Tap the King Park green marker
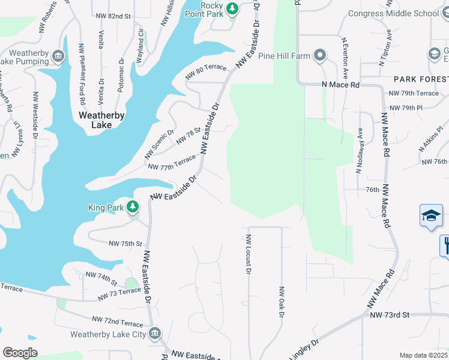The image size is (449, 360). (x=133, y=208)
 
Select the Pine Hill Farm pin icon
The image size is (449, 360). (x=320, y=56)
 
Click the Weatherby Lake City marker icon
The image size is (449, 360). (x=154, y=334)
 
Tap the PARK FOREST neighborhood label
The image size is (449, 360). (x=420, y=79)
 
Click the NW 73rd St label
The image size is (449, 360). (x=389, y=315)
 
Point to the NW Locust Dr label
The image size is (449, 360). (x=248, y=254)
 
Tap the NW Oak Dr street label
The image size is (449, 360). (x=280, y=301)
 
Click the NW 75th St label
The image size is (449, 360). (x=125, y=244)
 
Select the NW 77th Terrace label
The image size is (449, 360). (x=172, y=163)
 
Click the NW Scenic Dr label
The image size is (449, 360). (x=159, y=145)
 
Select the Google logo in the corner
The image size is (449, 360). (x=20, y=352)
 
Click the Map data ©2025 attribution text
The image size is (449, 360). (x=423, y=355)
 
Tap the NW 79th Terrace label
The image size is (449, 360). (x=414, y=93)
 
